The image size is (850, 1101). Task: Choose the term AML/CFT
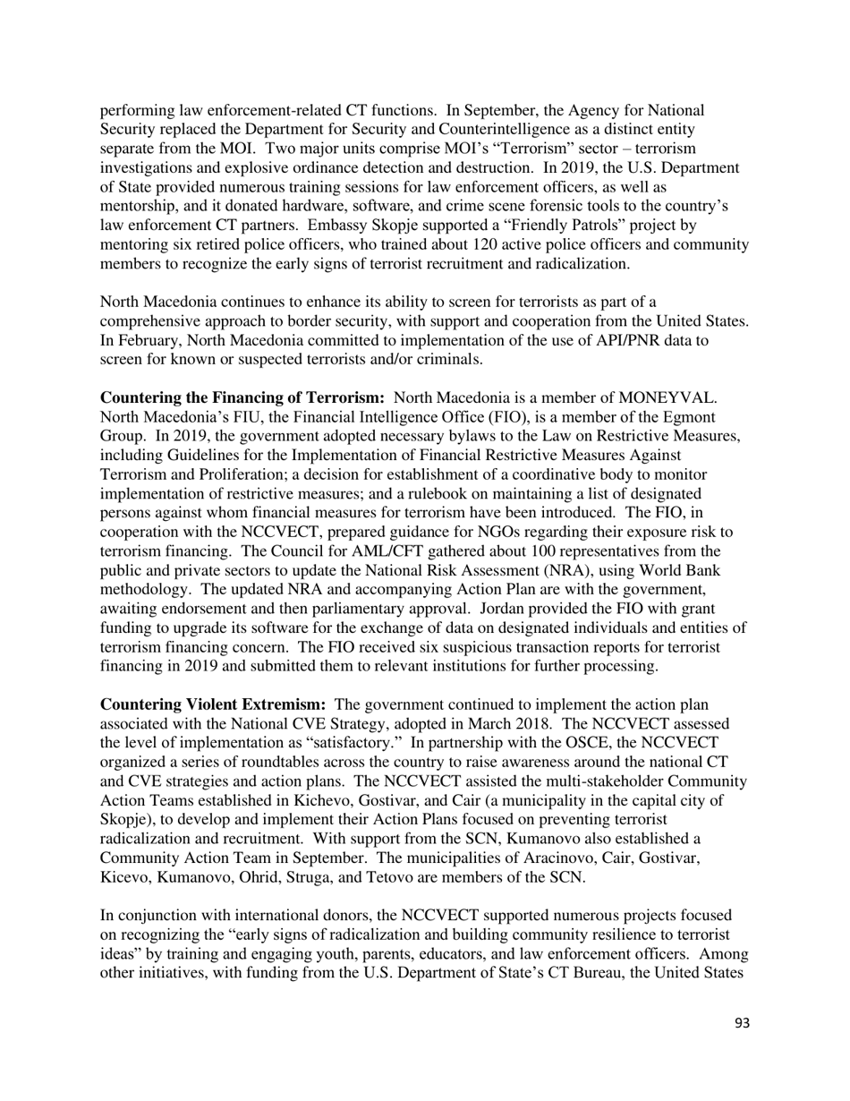pyautogui.click(x=301, y=551)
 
